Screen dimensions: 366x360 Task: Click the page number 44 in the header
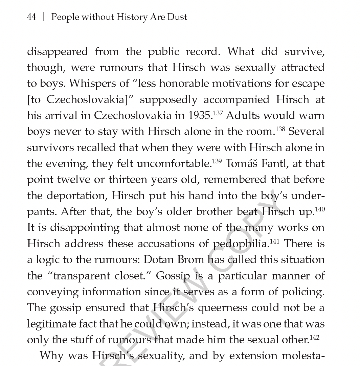[x=31, y=17]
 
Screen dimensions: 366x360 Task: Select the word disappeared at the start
[x=57, y=52]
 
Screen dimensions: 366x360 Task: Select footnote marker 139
[x=217, y=161]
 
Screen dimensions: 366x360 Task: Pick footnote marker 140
[x=320, y=209]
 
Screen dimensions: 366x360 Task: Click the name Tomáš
[x=237, y=164]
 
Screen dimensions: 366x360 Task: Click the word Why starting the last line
[x=51, y=356]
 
